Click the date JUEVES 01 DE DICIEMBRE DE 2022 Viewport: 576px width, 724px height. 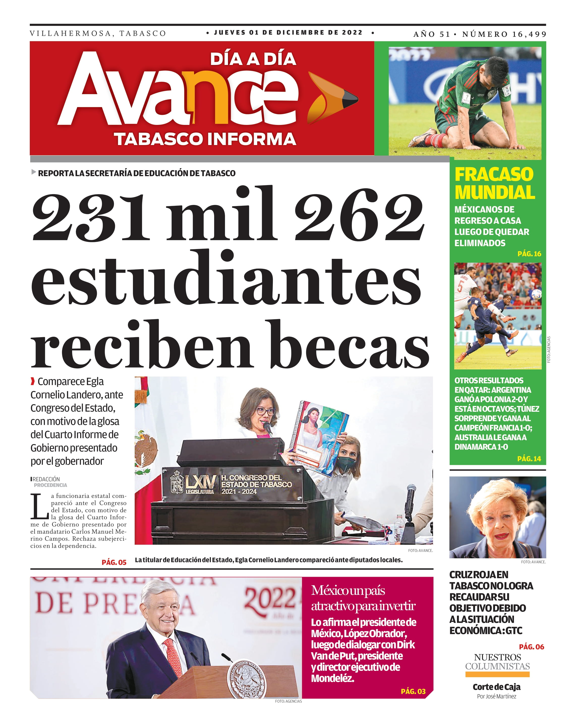[x=288, y=32]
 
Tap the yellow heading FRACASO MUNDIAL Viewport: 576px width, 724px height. [x=494, y=183]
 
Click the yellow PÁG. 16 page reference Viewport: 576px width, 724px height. [x=529, y=254]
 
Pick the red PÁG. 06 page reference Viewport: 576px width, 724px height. [x=531, y=647]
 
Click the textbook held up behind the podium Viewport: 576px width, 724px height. [x=320, y=437]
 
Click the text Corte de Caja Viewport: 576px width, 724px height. [x=496, y=687]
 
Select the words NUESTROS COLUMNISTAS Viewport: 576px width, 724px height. [x=497, y=662]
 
